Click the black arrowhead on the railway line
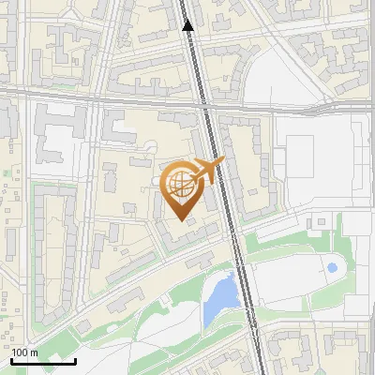(x=188, y=25)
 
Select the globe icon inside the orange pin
(x=182, y=184)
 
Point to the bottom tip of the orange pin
(x=182, y=219)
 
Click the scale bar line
(x=43, y=361)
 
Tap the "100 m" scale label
(x=25, y=352)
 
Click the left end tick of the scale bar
(x=12, y=359)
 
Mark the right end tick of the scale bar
(x=75, y=359)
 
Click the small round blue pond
(x=332, y=268)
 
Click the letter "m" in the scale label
(x=35, y=352)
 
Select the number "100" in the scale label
(x=21, y=352)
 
